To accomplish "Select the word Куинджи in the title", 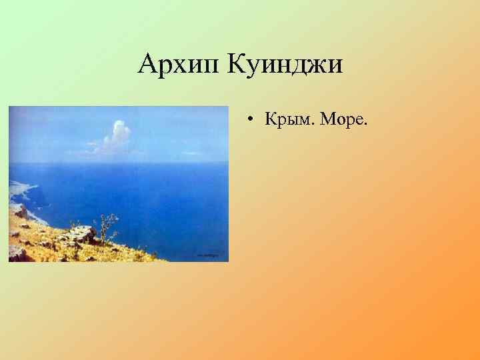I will (285, 65).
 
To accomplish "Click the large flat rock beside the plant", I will (80, 234).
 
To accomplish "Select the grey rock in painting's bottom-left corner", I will (17, 252).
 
